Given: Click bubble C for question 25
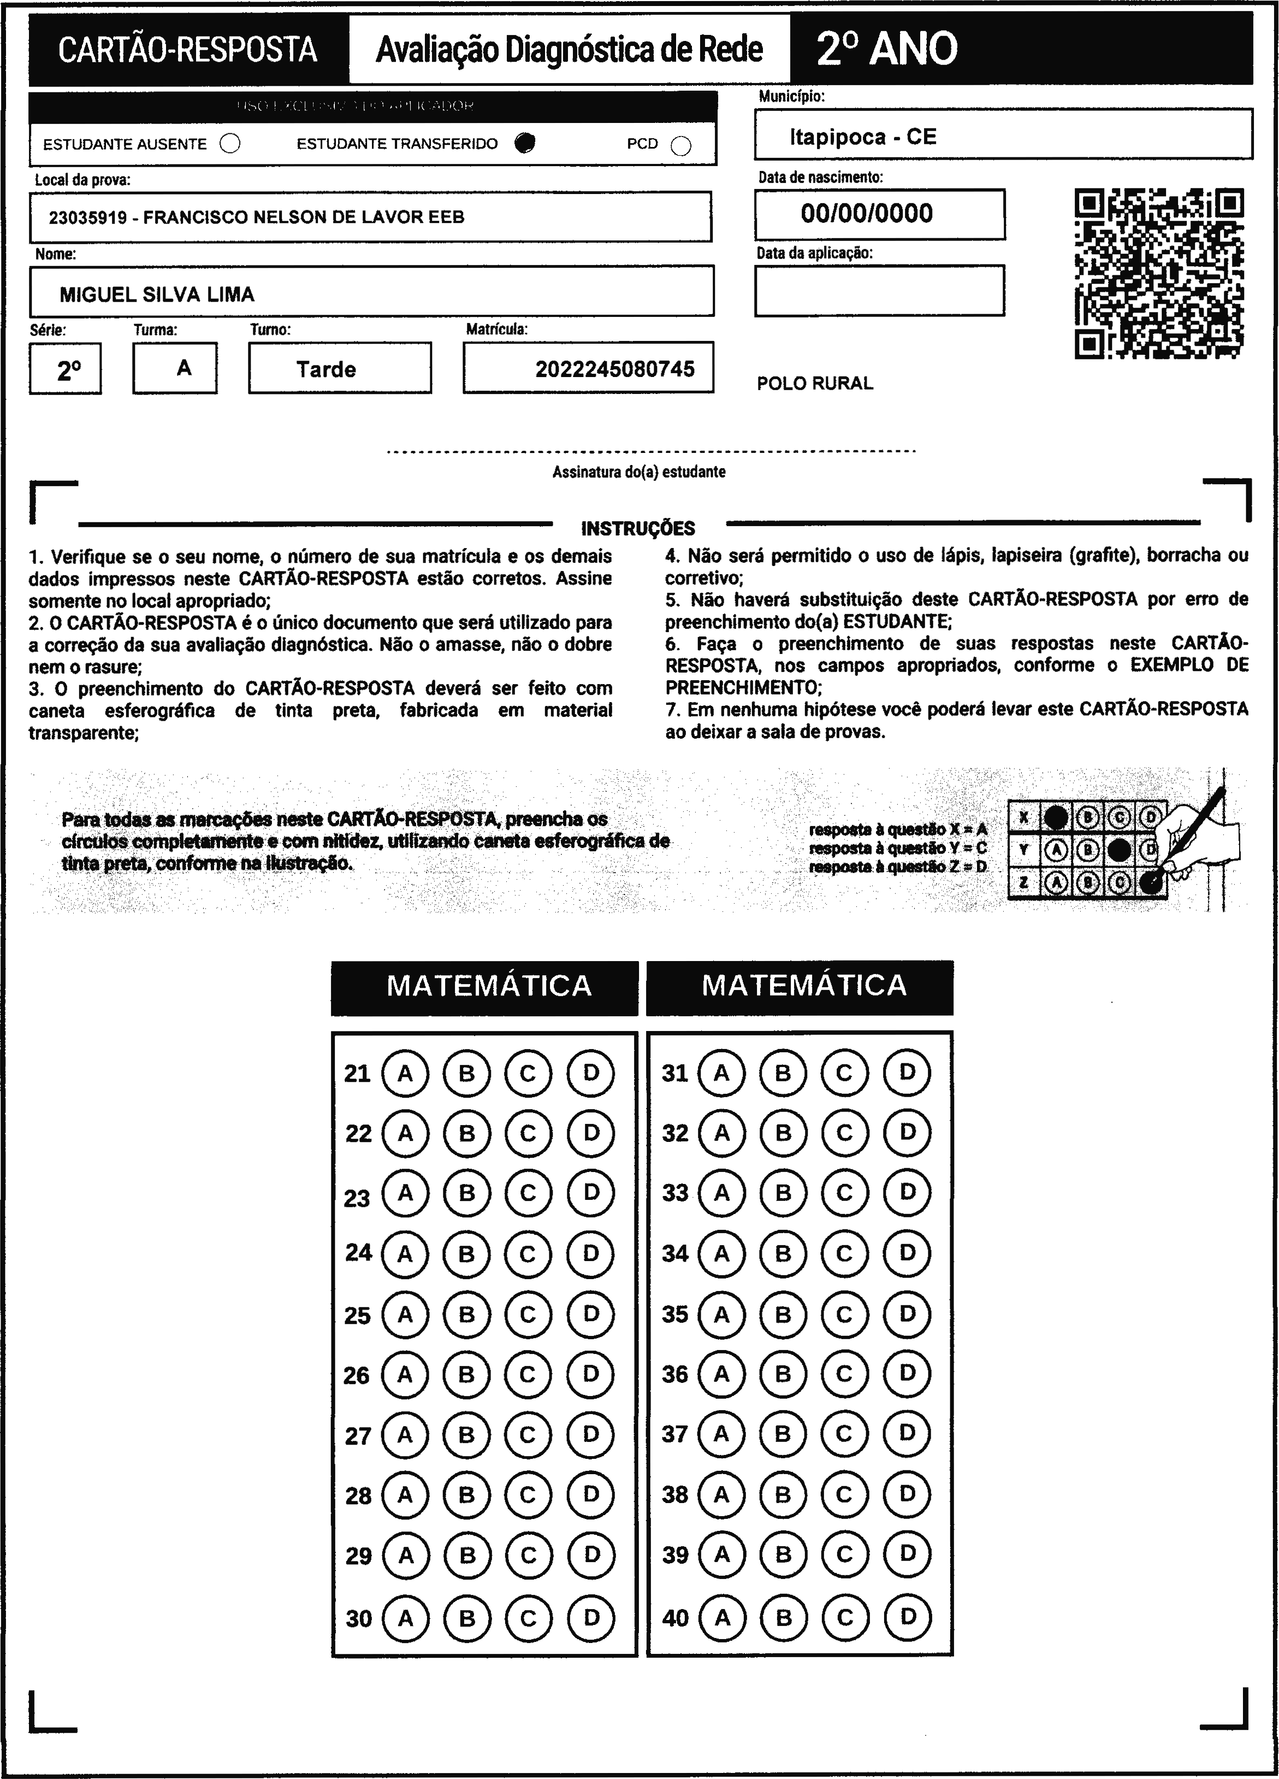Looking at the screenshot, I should pos(528,1314).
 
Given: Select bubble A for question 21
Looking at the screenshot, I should pos(405,1073).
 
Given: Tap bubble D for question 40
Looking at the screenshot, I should pos(907,1617).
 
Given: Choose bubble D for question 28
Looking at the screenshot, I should pos(590,1494).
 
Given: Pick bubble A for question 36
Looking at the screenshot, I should pos(721,1374).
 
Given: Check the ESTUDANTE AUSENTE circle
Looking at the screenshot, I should pos(230,144).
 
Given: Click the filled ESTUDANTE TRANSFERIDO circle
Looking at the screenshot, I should pos(525,143).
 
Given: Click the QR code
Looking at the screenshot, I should pos(1158,273).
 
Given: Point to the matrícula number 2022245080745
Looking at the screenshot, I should pos(615,369).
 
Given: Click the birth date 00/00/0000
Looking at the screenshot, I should pos(867,213).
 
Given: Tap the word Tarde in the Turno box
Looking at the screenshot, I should pos(326,369).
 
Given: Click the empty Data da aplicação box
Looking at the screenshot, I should pos(879,290).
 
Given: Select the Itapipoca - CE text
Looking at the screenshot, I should pos(863,137).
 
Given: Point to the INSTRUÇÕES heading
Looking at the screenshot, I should pos(637,528).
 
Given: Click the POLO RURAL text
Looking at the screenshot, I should pos(815,383).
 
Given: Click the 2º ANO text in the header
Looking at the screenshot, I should pos(886,49).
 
